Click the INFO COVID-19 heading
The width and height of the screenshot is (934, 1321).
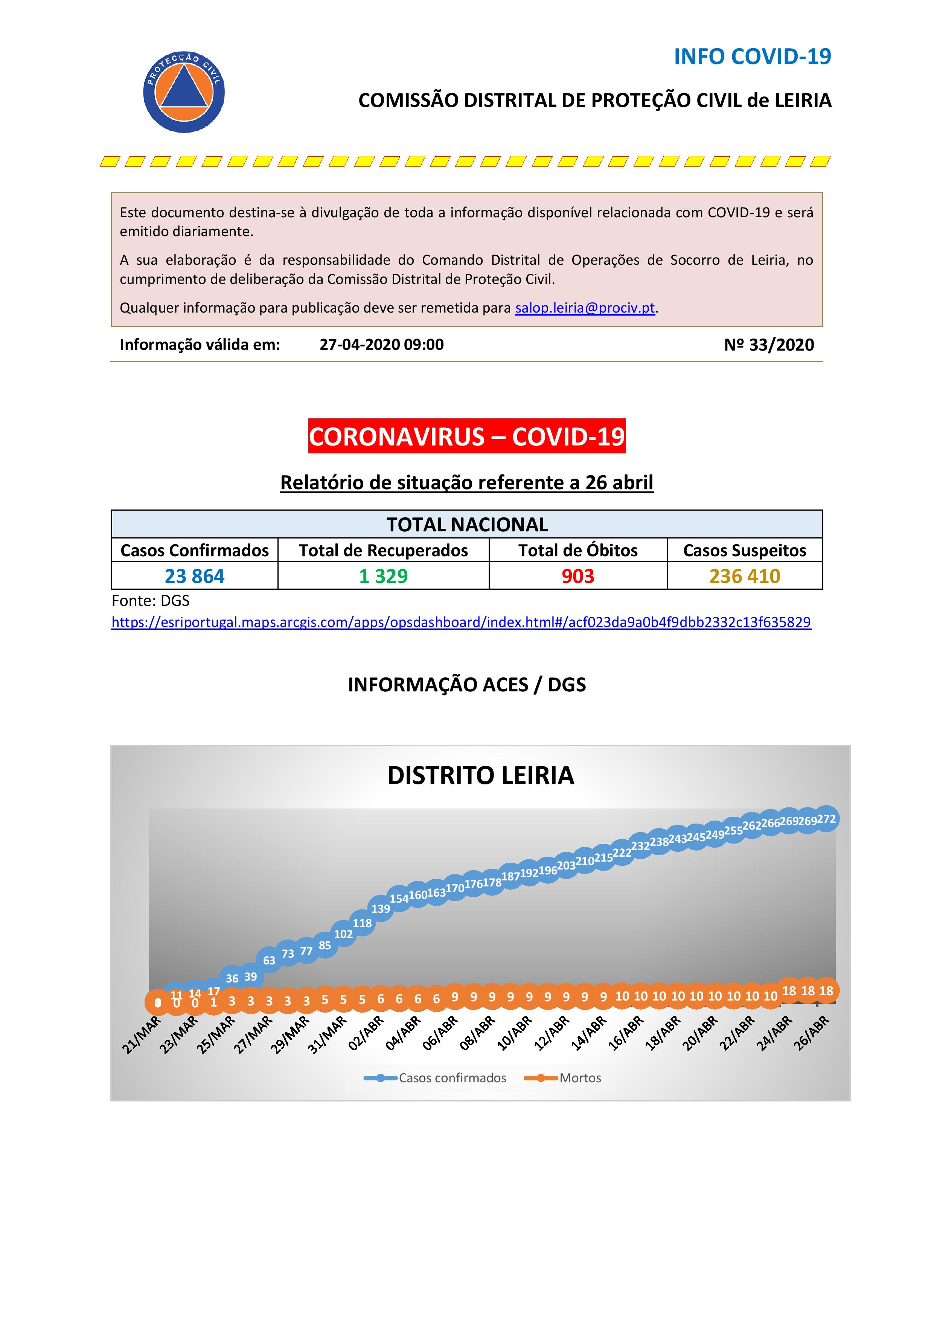tap(752, 56)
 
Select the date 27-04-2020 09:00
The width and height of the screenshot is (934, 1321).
tap(381, 345)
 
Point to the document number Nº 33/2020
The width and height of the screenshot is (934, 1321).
tap(769, 345)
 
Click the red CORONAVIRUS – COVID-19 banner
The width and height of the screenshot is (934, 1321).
tap(466, 436)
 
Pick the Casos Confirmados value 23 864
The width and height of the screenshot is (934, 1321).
tap(194, 576)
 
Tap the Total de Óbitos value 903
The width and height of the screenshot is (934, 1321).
tap(577, 576)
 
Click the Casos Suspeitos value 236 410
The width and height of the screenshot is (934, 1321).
tap(744, 576)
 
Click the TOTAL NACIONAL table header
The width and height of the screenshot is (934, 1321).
tap(466, 524)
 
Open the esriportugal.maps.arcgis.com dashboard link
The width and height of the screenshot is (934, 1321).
tap(461, 622)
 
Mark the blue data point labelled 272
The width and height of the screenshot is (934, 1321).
tap(826, 819)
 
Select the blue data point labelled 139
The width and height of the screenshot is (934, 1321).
tap(381, 909)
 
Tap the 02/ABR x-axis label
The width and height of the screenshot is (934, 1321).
tap(366, 1033)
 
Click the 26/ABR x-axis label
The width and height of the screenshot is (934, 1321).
tap(812, 1033)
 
